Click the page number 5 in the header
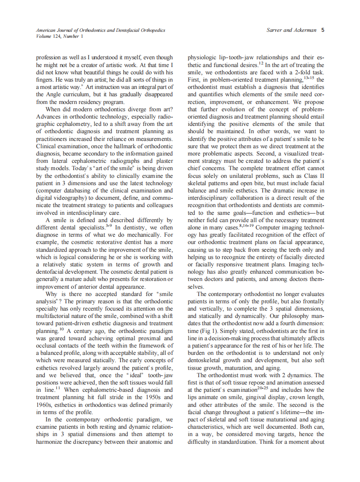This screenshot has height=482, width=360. click(323, 31)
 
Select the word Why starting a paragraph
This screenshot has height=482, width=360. click(53, 294)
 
